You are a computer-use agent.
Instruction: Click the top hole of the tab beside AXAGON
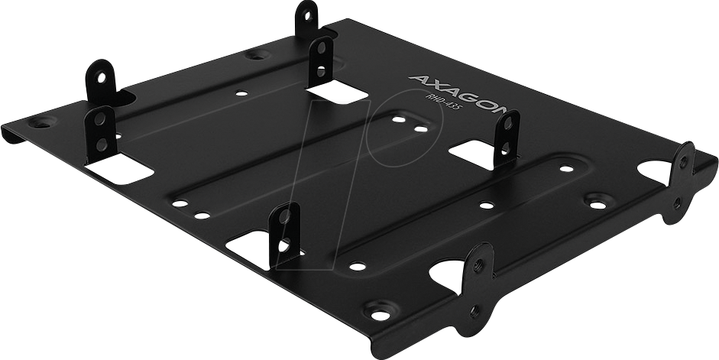(x=321, y=48)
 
